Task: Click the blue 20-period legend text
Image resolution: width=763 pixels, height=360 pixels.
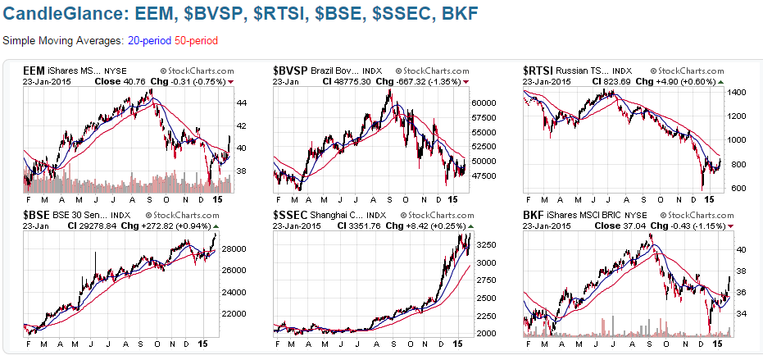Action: pyautogui.click(x=149, y=39)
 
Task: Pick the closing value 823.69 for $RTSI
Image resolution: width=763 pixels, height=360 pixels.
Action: pyautogui.click(x=619, y=82)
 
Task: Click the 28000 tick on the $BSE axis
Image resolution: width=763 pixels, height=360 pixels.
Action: pyautogui.click(x=238, y=248)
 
